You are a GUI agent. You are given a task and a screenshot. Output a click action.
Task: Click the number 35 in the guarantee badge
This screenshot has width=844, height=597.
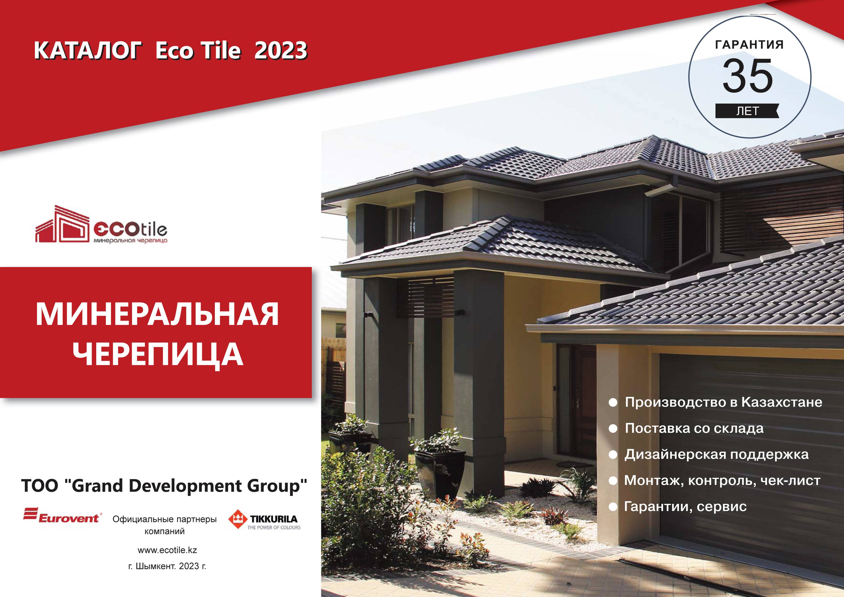(x=748, y=76)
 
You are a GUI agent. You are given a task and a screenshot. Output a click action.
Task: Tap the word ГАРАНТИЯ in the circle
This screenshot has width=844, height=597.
(x=749, y=45)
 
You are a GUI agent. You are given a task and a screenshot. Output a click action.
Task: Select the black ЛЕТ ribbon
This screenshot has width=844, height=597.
(x=747, y=111)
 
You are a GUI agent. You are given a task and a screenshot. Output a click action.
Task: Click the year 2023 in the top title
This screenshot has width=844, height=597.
(x=281, y=50)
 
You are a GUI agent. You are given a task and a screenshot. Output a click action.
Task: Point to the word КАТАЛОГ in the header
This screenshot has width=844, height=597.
(x=88, y=50)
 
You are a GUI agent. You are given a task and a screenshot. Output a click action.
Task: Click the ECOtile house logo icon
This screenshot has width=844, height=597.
(x=62, y=224)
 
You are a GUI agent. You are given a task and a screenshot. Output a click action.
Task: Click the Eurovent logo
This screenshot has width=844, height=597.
(x=62, y=515)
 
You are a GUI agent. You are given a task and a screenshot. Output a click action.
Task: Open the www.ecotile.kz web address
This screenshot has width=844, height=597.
(x=167, y=550)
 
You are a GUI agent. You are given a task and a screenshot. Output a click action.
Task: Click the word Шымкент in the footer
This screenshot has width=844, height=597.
(x=156, y=566)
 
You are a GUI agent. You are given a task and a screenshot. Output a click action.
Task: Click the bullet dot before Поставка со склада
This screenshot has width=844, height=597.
(x=613, y=428)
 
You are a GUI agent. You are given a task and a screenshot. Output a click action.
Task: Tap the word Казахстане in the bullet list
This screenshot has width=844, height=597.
(x=782, y=402)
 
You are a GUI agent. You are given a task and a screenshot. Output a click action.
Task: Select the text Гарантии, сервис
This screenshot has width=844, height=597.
(x=685, y=506)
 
